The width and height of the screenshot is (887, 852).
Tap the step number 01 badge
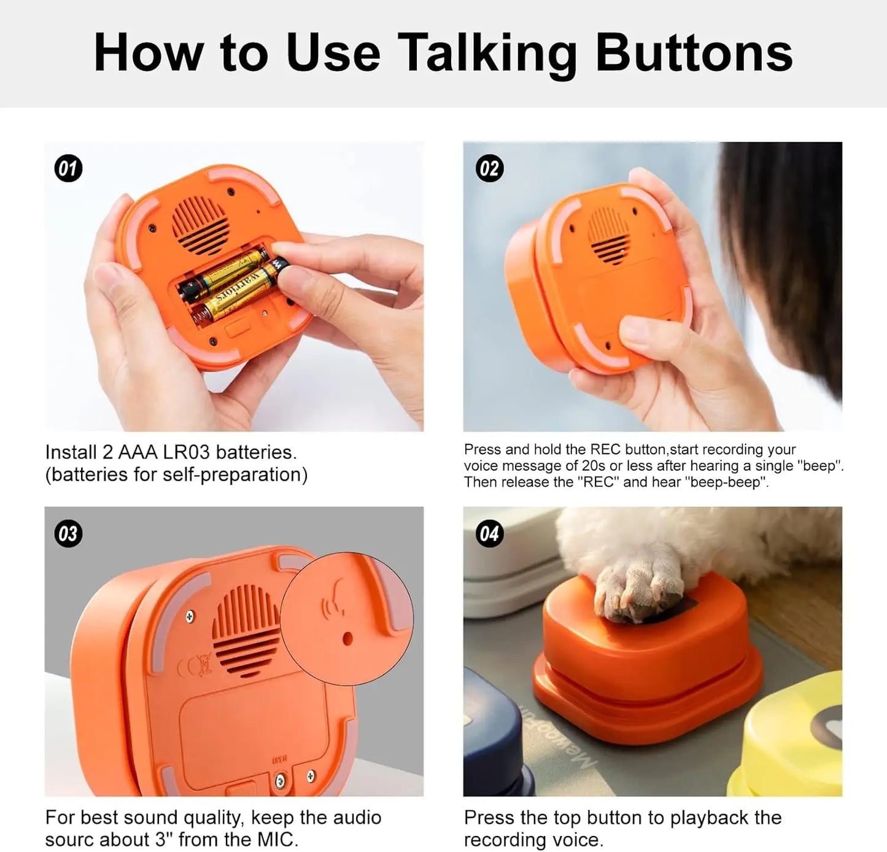68,169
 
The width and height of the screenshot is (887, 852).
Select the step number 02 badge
489,169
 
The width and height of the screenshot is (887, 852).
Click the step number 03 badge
68,533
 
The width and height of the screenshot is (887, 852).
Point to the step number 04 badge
489,533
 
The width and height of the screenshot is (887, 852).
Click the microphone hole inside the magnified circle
347,638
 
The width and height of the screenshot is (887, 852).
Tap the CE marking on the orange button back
195,666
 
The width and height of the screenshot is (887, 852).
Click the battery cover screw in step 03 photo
281,781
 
